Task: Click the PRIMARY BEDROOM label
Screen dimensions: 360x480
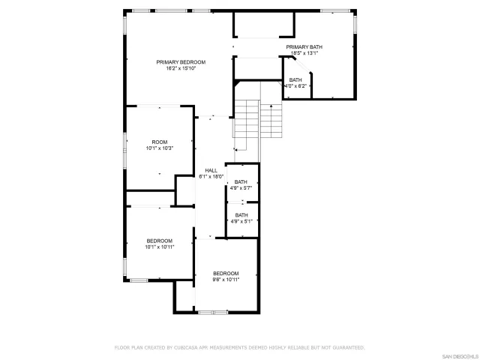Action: click(x=181, y=62)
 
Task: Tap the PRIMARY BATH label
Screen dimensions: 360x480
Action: click(x=304, y=47)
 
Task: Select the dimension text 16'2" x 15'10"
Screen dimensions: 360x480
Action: click(x=181, y=68)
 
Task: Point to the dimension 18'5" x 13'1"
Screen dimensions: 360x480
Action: click(x=304, y=53)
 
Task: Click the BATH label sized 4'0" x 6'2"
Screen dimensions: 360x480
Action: click(x=295, y=80)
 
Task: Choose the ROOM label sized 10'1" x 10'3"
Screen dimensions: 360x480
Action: click(x=160, y=142)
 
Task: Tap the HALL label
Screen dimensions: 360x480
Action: click(x=211, y=170)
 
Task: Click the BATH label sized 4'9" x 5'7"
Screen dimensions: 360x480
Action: click(x=241, y=182)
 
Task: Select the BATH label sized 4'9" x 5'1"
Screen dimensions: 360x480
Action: click(x=241, y=215)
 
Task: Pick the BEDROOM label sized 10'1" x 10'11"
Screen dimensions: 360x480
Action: click(x=159, y=241)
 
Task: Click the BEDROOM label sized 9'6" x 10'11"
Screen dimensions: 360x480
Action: click(x=226, y=273)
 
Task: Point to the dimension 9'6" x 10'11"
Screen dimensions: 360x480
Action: click(x=226, y=279)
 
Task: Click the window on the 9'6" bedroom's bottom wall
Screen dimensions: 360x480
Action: click(x=213, y=310)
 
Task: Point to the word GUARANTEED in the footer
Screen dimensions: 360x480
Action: click(x=348, y=348)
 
